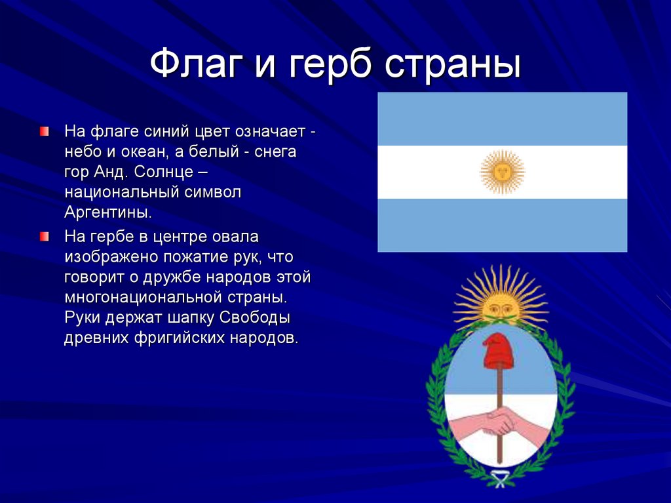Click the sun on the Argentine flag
pyautogui.click(x=503, y=172)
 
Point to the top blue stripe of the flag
pyautogui.click(x=503, y=119)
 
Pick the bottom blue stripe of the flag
pyautogui.click(x=503, y=225)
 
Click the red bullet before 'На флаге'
pyautogui.click(x=44, y=131)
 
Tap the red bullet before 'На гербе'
pyautogui.click(x=44, y=235)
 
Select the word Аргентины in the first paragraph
pyautogui.click(x=108, y=212)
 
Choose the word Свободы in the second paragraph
pyautogui.click(x=254, y=318)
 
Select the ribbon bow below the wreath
pyautogui.click(x=501, y=480)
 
